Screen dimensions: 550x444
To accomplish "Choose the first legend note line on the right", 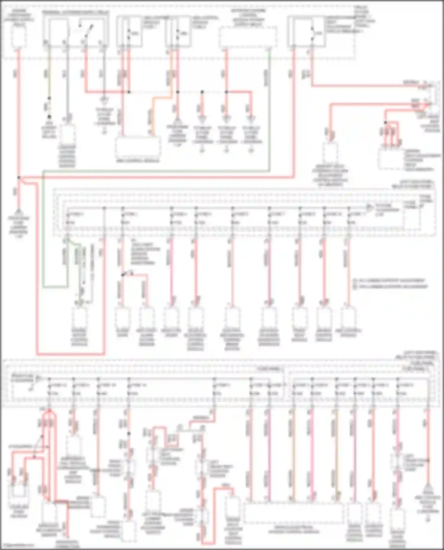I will point(390,280).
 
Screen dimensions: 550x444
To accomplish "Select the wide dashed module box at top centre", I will point(248,37).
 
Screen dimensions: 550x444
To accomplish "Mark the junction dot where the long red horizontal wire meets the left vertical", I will point(19,177).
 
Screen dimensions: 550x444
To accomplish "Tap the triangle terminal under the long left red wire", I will point(19,212).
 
